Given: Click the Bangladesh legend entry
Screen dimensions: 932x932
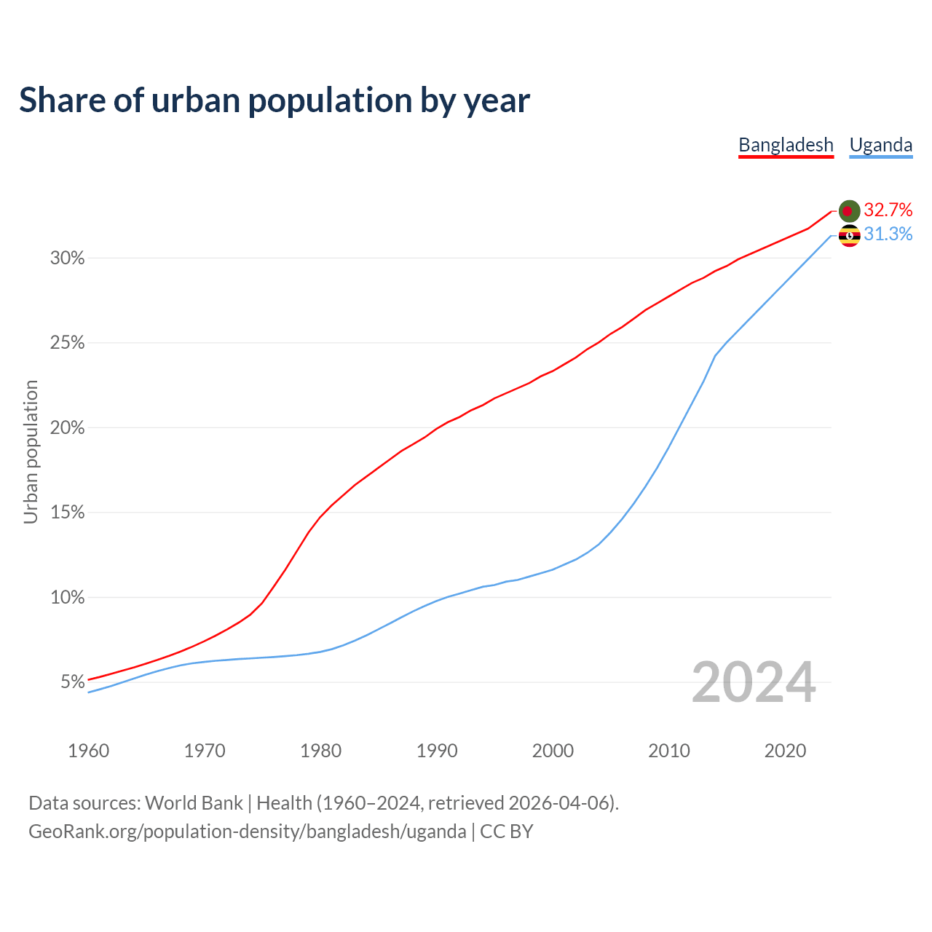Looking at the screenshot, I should (786, 145).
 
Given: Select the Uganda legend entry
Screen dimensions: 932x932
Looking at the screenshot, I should (881, 145).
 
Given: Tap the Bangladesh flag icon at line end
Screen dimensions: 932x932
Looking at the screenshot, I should (849, 211).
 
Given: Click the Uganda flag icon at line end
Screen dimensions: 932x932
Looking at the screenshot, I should (849, 235).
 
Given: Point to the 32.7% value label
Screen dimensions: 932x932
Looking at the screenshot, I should (888, 210).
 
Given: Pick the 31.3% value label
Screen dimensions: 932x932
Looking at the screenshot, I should (888, 234).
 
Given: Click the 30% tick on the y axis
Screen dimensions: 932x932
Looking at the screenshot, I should (67, 258).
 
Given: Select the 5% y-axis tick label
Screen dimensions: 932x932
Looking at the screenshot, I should (72, 682).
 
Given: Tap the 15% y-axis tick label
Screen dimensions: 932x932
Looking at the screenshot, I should (67, 513).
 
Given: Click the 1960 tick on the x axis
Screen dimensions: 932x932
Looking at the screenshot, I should (88, 751).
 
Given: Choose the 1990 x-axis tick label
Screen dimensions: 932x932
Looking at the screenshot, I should (437, 751).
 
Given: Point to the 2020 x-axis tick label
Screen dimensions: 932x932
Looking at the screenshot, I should (785, 751).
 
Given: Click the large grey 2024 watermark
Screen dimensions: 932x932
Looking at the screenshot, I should (754, 683).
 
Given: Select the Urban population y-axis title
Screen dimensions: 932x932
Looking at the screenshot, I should (31, 451).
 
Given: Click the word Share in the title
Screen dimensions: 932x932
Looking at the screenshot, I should (61, 100).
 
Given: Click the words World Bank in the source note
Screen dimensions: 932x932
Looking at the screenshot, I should (194, 803).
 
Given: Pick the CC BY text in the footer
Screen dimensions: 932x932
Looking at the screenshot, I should (507, 832).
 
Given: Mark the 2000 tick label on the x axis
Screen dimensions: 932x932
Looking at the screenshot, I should (553, 751).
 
